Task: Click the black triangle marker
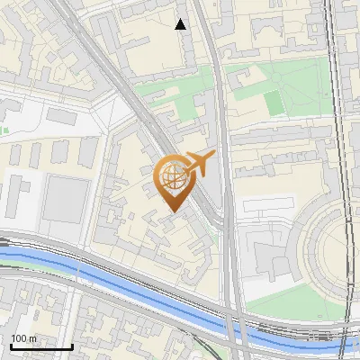[x=181, y=24]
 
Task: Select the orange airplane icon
[x=198, y=164]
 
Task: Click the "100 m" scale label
[x=23, y=338]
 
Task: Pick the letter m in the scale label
[x=32, y=338]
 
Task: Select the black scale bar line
[x=41, y=346]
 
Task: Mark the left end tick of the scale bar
[x=11, y=345]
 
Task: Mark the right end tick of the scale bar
[x=72, y=345]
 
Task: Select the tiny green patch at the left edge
[x=3, y=130]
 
